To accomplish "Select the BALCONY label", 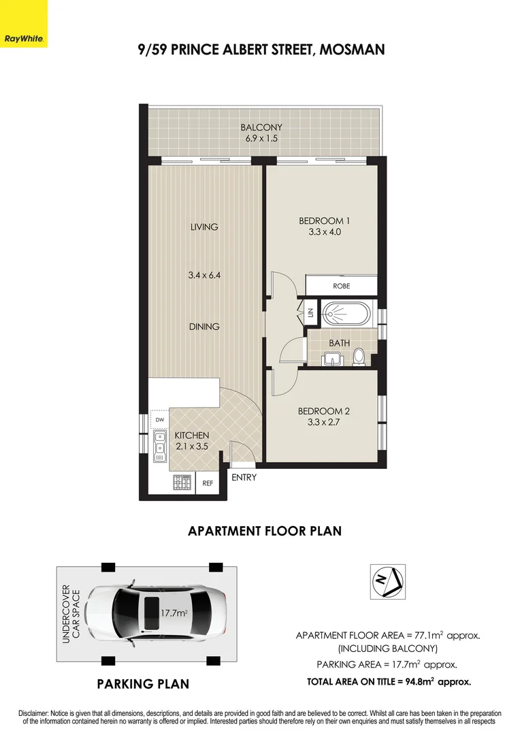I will click(x=261, y=127).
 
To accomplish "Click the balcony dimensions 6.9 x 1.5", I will click(x=261, y=138).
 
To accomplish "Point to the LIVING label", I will click(x=204, y=227).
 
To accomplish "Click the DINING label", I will click(x=204, y=327).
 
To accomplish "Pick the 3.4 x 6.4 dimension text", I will click(x=204, y=276).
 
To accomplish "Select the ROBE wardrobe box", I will click(x=341, y=286).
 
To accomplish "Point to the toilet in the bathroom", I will click(x=359, y=357).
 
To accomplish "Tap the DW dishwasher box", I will click(x=159, y=420).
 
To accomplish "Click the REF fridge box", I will click(x=208, y=483).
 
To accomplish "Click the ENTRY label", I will click(x=244, y=478).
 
